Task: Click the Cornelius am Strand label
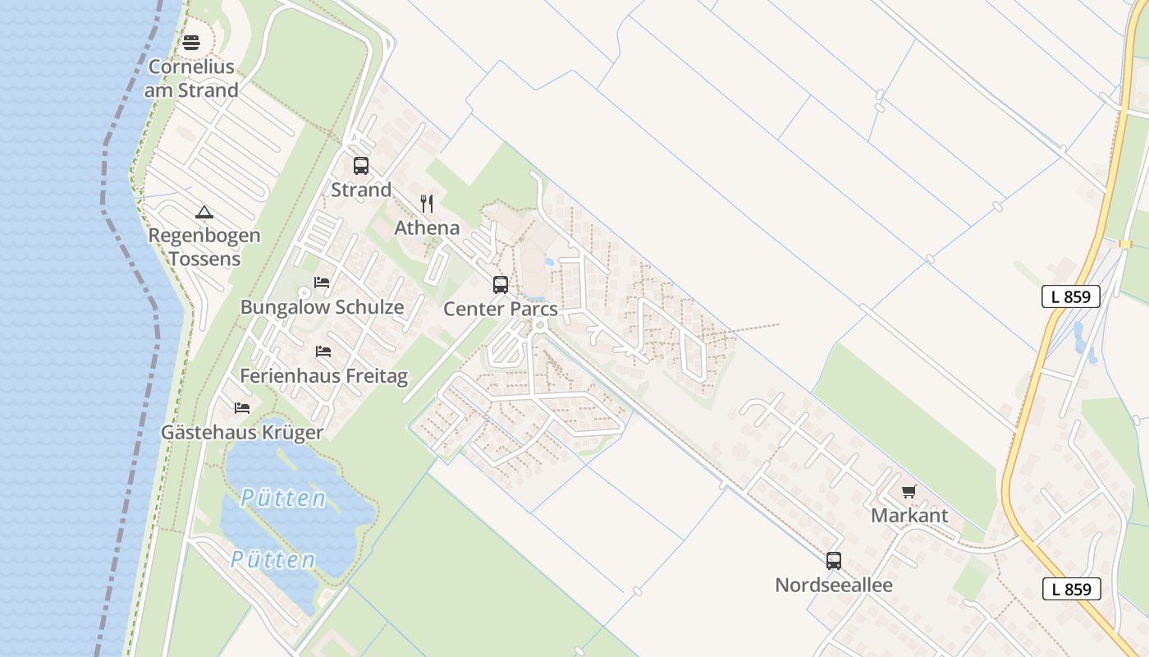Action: tap(191, 79)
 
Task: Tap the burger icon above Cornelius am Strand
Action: tap(191, 43)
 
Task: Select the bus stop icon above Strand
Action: tap(361, 166)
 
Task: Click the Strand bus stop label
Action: tap(361, 190)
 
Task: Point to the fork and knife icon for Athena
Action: tap(427, 204)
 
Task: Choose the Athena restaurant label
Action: tap(427, 227)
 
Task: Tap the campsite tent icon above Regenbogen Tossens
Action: tap(204, 213)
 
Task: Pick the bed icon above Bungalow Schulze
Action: tap(322, 283)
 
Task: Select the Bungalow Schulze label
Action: tap(322, 307)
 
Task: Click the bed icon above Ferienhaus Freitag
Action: tap(323, 351)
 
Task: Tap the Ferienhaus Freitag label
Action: tap(323, 376)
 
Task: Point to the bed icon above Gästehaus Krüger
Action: tap(242, 407)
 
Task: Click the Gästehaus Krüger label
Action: tap(242, 432)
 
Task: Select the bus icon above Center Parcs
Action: tap(501, 285)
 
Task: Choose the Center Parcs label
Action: tap(501, 310)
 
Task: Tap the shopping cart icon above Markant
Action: tap(909, 492)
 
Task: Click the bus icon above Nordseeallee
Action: tap(834, 561)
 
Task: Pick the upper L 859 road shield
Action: tap(1071, 296)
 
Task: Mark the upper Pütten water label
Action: tap(284, 498)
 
